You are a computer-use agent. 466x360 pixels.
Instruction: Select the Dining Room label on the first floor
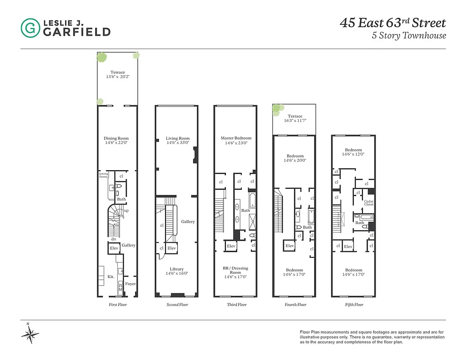(116, 138)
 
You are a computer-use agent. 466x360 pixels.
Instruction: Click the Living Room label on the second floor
(178, 138)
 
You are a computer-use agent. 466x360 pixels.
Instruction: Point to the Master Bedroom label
(236, 138)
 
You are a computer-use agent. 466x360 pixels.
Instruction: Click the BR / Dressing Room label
(236, 270)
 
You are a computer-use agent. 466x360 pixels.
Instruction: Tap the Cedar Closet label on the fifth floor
(369, 203)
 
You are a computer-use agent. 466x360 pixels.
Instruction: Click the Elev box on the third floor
(231, 246)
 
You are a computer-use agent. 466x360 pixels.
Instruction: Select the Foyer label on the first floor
(130, 284)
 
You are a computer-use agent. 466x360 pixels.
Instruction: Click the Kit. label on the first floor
(111, 277)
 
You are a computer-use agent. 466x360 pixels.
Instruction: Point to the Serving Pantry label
(103, 175)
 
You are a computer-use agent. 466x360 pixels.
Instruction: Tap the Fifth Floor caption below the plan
(353, 305)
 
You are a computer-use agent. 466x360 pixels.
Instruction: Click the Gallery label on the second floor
(188, 222)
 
